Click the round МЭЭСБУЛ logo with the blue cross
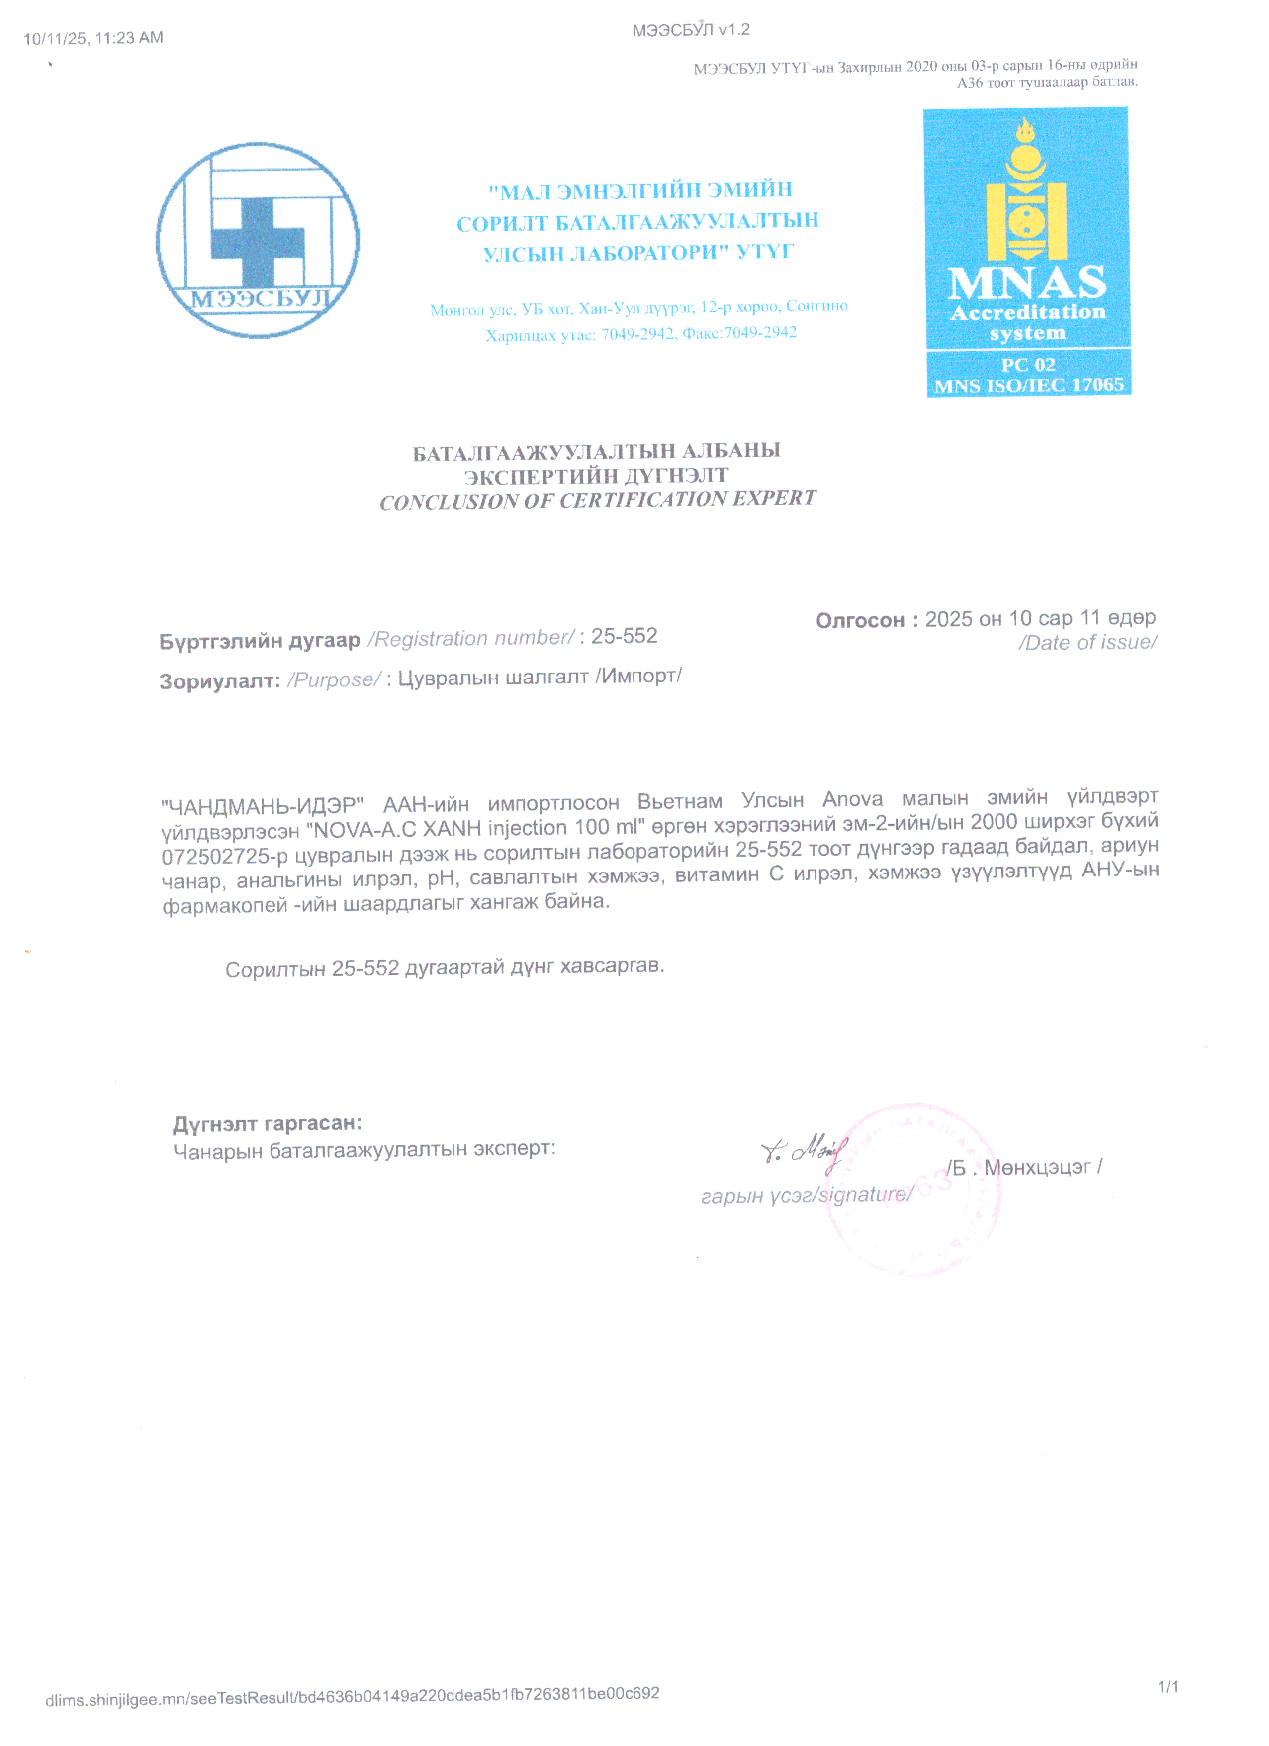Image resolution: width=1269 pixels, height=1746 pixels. pyautogui.click(x=258, y=241)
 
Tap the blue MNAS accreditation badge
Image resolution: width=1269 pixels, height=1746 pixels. pyautogui.click(x=1027, y=252)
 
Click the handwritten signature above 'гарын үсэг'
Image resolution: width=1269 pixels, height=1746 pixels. pyautogui.click(x=804, y=1151)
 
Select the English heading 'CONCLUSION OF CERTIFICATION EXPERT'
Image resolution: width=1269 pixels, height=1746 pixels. pyautogui.click(x=598, y=500)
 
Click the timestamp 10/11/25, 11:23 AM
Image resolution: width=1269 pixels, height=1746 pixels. pyautogui.click(x=93, y=38)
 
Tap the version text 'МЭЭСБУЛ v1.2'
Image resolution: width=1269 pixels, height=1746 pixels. pyautogui.click(x=691, y=30)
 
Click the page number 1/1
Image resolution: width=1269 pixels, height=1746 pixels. pyautogui.click(x=1168, y=1686)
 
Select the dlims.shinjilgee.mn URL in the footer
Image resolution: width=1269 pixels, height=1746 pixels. pyautogui.click(x=352, y=1696)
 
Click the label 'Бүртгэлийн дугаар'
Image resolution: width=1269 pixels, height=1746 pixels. pyautogui.click(x=260, y=641)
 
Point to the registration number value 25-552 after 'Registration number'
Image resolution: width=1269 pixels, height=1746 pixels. pyautogui.click(x=625, y=636)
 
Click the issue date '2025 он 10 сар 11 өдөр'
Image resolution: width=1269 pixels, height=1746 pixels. pyautogui.click(x=1039, y=618)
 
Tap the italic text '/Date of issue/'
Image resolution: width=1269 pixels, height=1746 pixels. pyautogui.click(x=1087, y=643)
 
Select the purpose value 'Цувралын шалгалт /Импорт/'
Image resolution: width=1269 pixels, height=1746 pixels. pyautogui.click(x=539, y=678)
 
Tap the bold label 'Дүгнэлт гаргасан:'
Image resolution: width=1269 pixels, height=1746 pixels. pyautogui.click(x=268, y=1124)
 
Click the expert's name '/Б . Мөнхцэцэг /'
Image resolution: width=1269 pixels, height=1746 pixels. pyautogui.click(x=1024, y=1167)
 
